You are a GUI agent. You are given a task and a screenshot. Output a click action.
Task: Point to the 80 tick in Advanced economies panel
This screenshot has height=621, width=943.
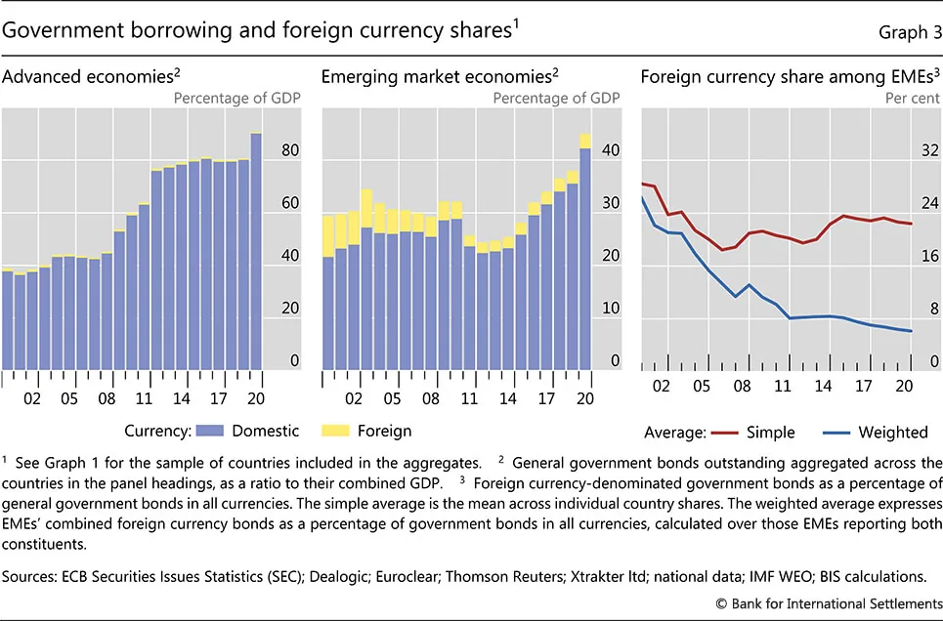pos(288,151)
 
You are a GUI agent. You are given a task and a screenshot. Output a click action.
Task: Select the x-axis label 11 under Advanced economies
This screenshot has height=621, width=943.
pos(144,397)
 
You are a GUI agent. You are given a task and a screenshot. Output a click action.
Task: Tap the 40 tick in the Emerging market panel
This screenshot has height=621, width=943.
pos(610,151)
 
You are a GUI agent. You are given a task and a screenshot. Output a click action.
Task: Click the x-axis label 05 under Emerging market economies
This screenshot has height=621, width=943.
pos(391,397)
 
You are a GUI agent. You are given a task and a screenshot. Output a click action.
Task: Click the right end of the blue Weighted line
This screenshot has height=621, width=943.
pos(912,331)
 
